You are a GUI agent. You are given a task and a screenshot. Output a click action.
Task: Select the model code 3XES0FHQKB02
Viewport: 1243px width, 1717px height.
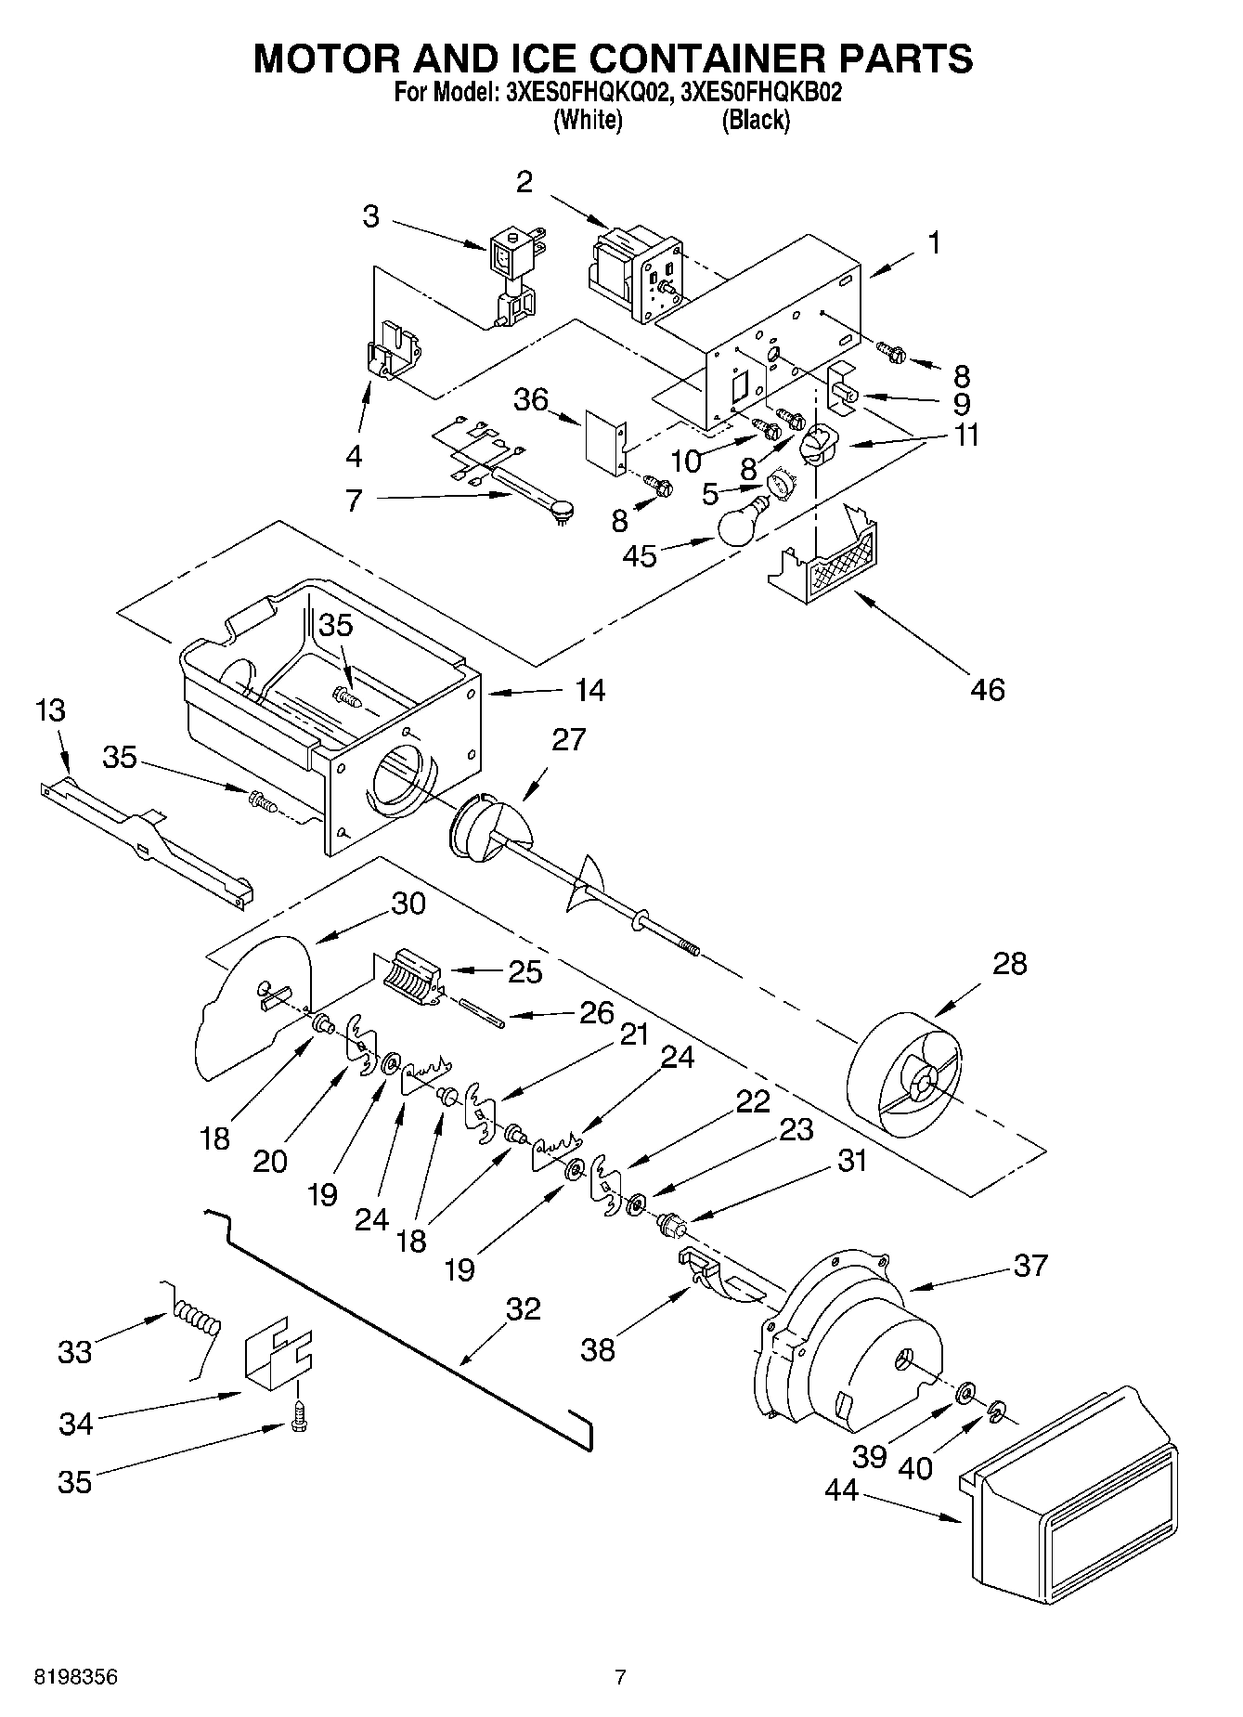[x=760, y=93]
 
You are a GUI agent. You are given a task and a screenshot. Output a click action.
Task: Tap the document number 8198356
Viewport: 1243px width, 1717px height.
[x=76, y=1677]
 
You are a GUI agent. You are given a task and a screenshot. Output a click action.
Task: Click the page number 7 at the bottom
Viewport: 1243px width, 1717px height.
[x=620, y=1677]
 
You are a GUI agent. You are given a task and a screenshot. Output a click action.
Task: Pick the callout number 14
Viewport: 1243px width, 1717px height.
[x=589, y=690]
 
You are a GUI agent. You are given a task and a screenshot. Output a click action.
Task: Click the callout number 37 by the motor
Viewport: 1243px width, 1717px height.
[x=1030, y=1265]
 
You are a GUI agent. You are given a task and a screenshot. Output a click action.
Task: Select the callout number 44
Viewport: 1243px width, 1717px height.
[x=842, y=1489]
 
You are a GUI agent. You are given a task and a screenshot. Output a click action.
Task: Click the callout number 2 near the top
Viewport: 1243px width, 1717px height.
[x=524, y=182]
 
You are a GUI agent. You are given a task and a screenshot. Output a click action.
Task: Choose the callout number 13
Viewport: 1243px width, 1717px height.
[x=51, y=710]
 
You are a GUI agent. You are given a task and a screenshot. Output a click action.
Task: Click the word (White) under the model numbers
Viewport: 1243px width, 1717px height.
[x=588, y=120]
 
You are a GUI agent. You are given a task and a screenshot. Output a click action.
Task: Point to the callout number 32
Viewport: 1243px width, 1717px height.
[x=523, y=1308]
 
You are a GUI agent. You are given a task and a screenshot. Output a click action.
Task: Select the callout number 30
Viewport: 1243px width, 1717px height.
[x=408, y=903]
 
